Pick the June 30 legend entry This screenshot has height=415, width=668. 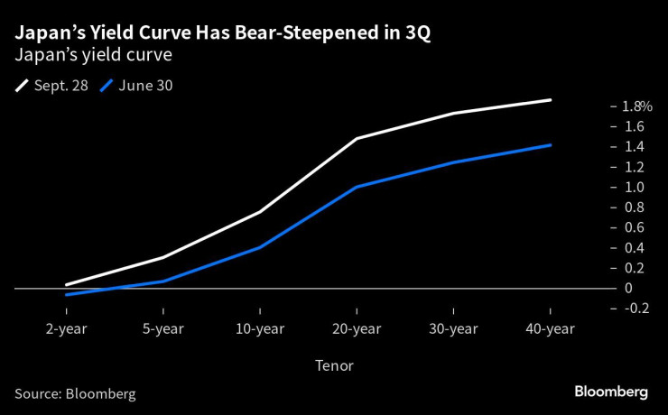click(137, 86)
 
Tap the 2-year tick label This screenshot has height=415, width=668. click(66, 328)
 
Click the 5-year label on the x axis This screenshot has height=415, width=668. click(162, 328)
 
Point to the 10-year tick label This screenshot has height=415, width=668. click(259, 328)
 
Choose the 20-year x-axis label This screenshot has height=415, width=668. click(357, 328)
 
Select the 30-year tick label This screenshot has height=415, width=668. click(453, 328)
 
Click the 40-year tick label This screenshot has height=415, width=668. click(550, 328)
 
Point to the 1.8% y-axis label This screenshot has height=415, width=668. click(635, 106)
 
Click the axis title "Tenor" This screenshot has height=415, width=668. click(334, 365)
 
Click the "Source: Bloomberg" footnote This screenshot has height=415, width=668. click(75, 393)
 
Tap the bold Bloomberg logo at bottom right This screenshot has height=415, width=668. click(611, 392)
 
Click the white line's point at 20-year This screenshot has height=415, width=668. click(357, 139)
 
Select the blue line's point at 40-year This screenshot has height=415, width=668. click(550, 144)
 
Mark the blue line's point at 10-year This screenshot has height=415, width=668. click(259, 247)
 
